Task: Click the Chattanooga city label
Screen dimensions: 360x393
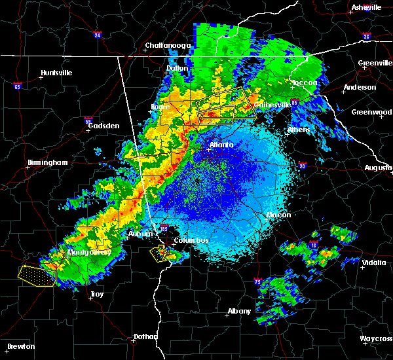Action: (168, 46)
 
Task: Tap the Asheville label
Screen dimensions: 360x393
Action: (367, 7)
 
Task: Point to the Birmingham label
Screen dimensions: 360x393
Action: (48, 162)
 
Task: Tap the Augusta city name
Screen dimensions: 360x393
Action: (378, 168)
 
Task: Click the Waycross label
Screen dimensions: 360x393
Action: (377, 338)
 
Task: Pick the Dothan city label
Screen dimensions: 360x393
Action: (145, 336)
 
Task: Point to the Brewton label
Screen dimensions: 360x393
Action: (22, 346)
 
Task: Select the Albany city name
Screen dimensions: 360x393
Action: (238, 311)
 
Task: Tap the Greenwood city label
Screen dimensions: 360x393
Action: (371, 112)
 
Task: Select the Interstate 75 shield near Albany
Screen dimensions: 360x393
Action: (258, 281)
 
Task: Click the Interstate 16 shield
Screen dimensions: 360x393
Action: (314, 245)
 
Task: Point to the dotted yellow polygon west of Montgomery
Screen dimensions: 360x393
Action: (36, 274)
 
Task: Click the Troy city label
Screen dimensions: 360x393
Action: (96, 294)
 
